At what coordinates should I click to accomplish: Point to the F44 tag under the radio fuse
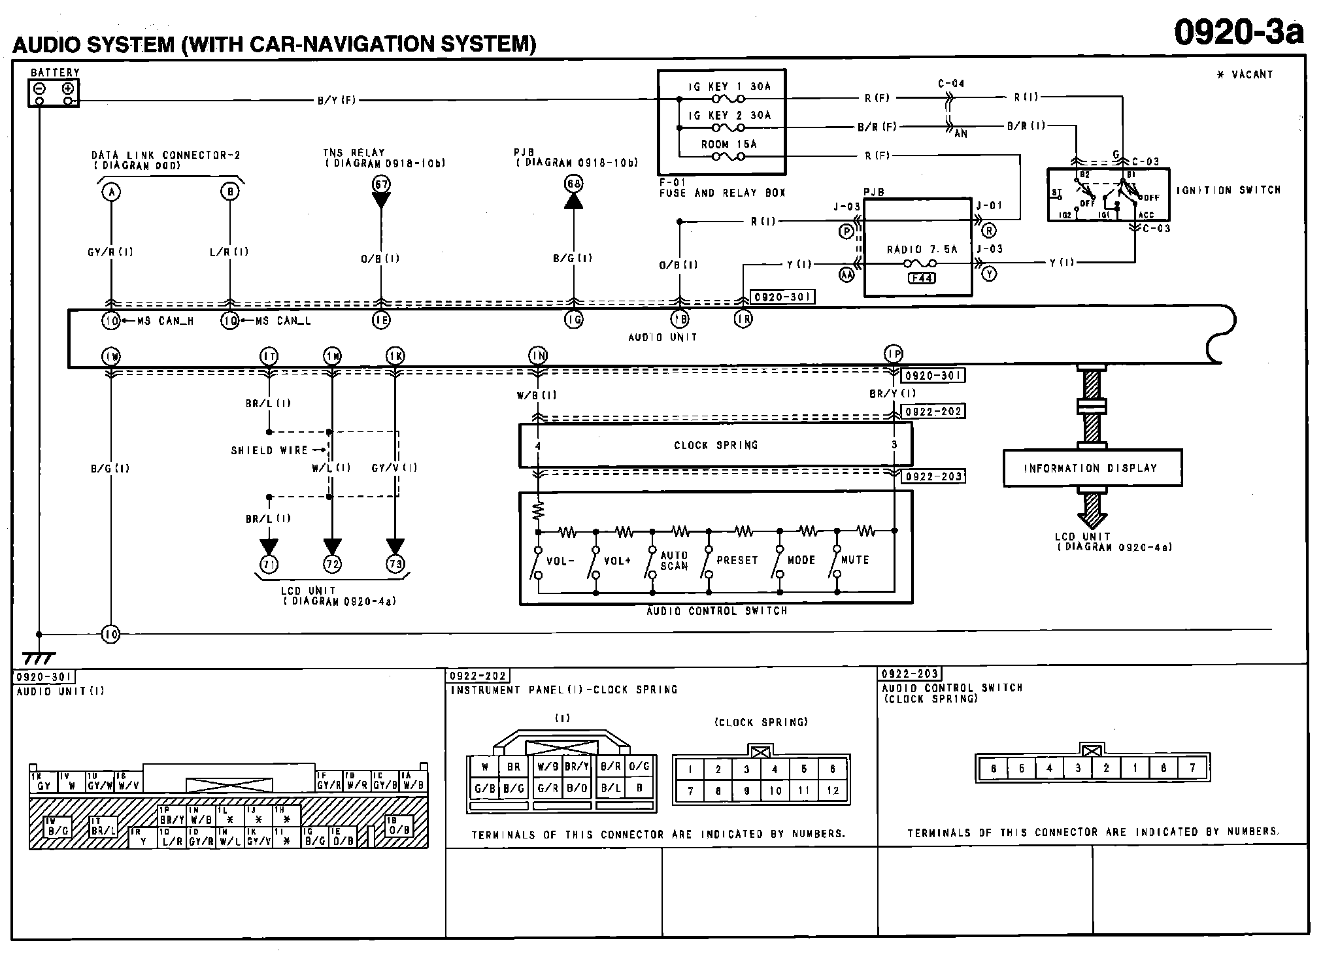pos(922,278)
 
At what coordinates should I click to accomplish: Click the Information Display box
pos(1092,468)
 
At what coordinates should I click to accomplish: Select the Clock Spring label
pos(716,445)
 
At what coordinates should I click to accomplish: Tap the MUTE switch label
pos(855,560)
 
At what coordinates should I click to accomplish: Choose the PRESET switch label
pos(737,560)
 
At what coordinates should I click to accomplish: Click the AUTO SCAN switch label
pos(674,560)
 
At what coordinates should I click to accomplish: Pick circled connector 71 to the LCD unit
pos(269,564)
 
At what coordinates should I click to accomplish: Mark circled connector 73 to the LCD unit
pos(395,564)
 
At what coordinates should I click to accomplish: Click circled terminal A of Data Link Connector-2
pos(112,192)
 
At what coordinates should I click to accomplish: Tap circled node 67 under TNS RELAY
pos(381,184)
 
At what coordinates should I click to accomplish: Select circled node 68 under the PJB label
pos(573,184)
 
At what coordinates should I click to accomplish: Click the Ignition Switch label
pos(1228,190)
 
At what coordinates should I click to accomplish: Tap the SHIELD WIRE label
pos(269,450)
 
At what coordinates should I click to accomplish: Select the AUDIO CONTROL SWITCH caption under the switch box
pos(716,611)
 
